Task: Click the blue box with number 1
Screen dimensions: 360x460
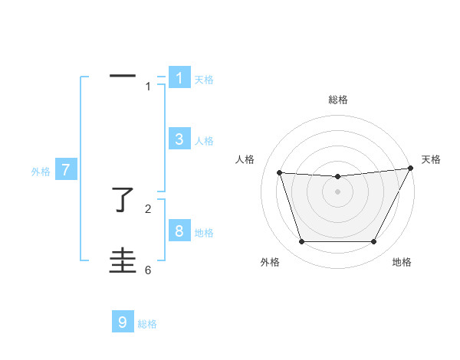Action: coord(179,78)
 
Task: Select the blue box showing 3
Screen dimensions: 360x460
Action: coord(179,139)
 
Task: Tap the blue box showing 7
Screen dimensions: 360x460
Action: coord(66,171)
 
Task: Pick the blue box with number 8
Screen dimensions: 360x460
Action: coord(179,231)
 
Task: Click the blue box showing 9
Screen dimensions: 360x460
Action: coord(123,322)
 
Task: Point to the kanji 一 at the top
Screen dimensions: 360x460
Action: coord(123,76)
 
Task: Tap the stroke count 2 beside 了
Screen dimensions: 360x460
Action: coord(148,208)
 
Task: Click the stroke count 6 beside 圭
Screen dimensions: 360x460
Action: coord(148,270)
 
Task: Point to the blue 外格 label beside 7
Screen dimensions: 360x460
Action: coord(41,172)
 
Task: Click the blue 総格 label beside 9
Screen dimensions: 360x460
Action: coord(147,324)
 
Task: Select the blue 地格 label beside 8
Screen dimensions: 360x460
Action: coord(204,232)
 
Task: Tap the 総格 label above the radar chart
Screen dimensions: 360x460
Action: coord(337,100)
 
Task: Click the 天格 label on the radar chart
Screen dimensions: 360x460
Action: coord(431,159)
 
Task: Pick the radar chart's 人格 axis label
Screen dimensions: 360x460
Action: coord(245,159)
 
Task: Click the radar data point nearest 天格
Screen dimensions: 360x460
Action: coord(410,169)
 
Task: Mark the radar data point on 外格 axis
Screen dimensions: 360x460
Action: coord(301,242)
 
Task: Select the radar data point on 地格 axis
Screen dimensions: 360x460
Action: coord(374,242)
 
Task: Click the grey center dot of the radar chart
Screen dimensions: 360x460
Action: coord(337,191)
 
